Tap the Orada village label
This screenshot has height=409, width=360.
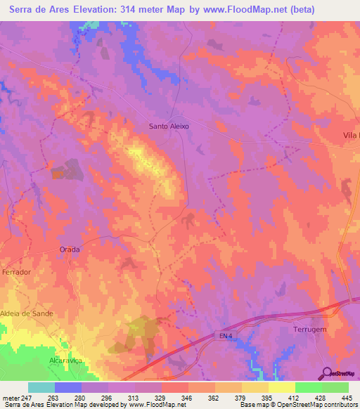point(70,249)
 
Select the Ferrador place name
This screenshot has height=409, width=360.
point(18,271)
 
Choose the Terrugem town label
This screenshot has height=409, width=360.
point(311,329)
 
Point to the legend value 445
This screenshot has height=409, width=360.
point(347,398)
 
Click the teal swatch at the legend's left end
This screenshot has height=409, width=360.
point(41,387)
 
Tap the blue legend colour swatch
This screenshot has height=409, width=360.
point(67,387)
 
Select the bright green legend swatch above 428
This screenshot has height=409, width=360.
point(308,387)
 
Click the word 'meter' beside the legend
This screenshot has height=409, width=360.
point(9,398)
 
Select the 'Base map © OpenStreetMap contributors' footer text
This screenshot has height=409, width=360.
point(298,405)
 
